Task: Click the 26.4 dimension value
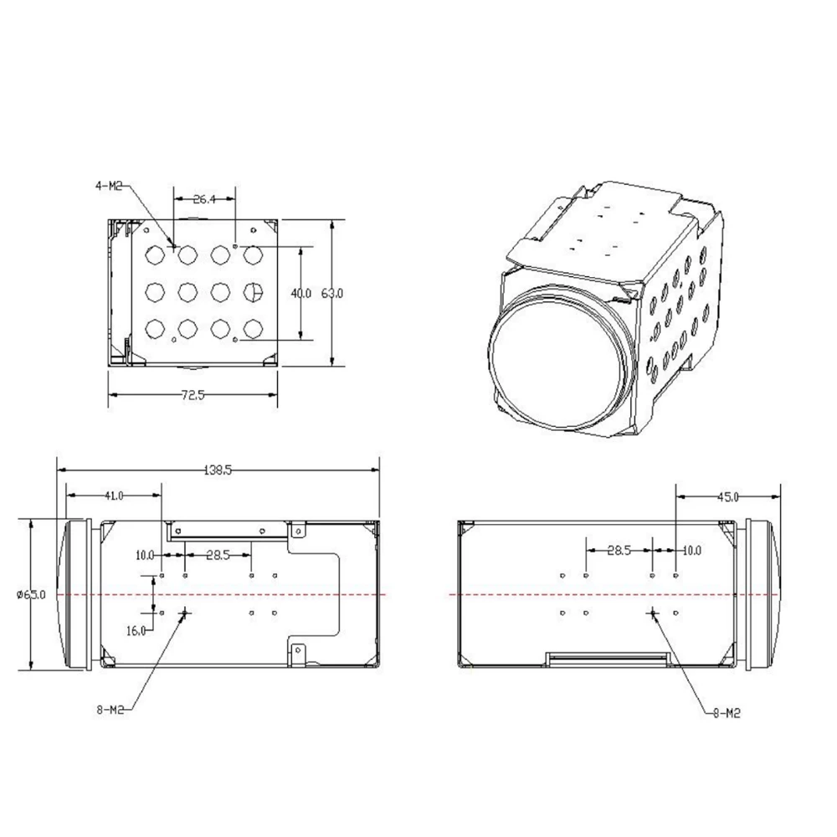(x=205, y=199)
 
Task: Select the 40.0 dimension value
(x=300, y=293)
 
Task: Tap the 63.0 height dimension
(x=334, y=293)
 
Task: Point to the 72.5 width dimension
(x=192, y=395)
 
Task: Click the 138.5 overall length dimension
(x=217, y=471)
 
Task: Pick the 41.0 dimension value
(x=114, y=496)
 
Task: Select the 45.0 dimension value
(x=727, y=497)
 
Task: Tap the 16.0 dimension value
(x=136, y=629)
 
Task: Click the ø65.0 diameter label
(x=30, y=594)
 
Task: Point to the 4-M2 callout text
(x=109, y=186)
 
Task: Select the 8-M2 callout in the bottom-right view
(x=725, y=713)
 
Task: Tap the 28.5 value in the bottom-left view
(x=218, y=554)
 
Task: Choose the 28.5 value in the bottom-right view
(x=619, y=550)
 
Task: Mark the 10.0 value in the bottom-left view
(x=145, y=554)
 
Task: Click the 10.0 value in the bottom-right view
(x=691, y=550)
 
